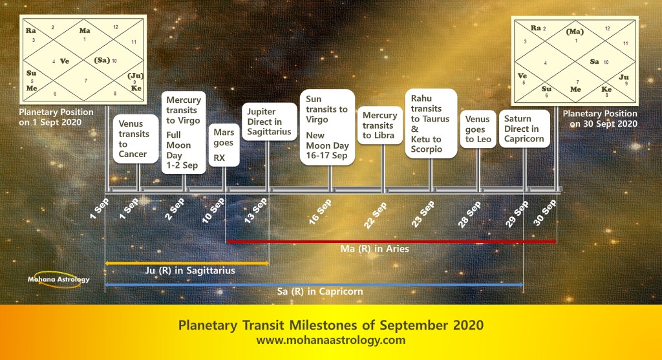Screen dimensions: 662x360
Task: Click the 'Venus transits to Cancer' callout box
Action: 136,139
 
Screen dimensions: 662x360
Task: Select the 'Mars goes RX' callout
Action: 224,145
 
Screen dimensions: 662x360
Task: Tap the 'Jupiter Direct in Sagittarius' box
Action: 269,122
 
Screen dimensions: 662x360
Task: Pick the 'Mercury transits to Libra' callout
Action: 379,125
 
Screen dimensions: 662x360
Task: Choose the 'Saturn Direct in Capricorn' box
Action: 524,129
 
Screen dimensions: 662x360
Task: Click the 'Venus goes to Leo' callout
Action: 478,129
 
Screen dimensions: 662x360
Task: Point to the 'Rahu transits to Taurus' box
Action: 431,123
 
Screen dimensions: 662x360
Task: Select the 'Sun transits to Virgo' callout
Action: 327,127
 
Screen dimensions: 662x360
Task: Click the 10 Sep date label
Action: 213,210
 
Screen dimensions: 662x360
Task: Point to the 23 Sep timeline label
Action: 423,215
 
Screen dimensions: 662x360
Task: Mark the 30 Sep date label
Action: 544,213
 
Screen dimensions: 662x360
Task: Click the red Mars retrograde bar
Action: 391,242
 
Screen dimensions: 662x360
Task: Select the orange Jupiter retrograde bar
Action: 187,263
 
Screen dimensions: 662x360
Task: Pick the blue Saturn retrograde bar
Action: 314,285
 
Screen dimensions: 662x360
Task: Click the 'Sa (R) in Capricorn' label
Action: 320,291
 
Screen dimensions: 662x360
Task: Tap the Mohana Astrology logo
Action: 58,279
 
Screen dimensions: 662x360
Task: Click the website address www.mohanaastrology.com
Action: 330,340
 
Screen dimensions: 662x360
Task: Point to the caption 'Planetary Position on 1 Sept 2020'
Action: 56,118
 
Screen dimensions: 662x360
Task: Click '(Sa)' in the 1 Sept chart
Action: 102,60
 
